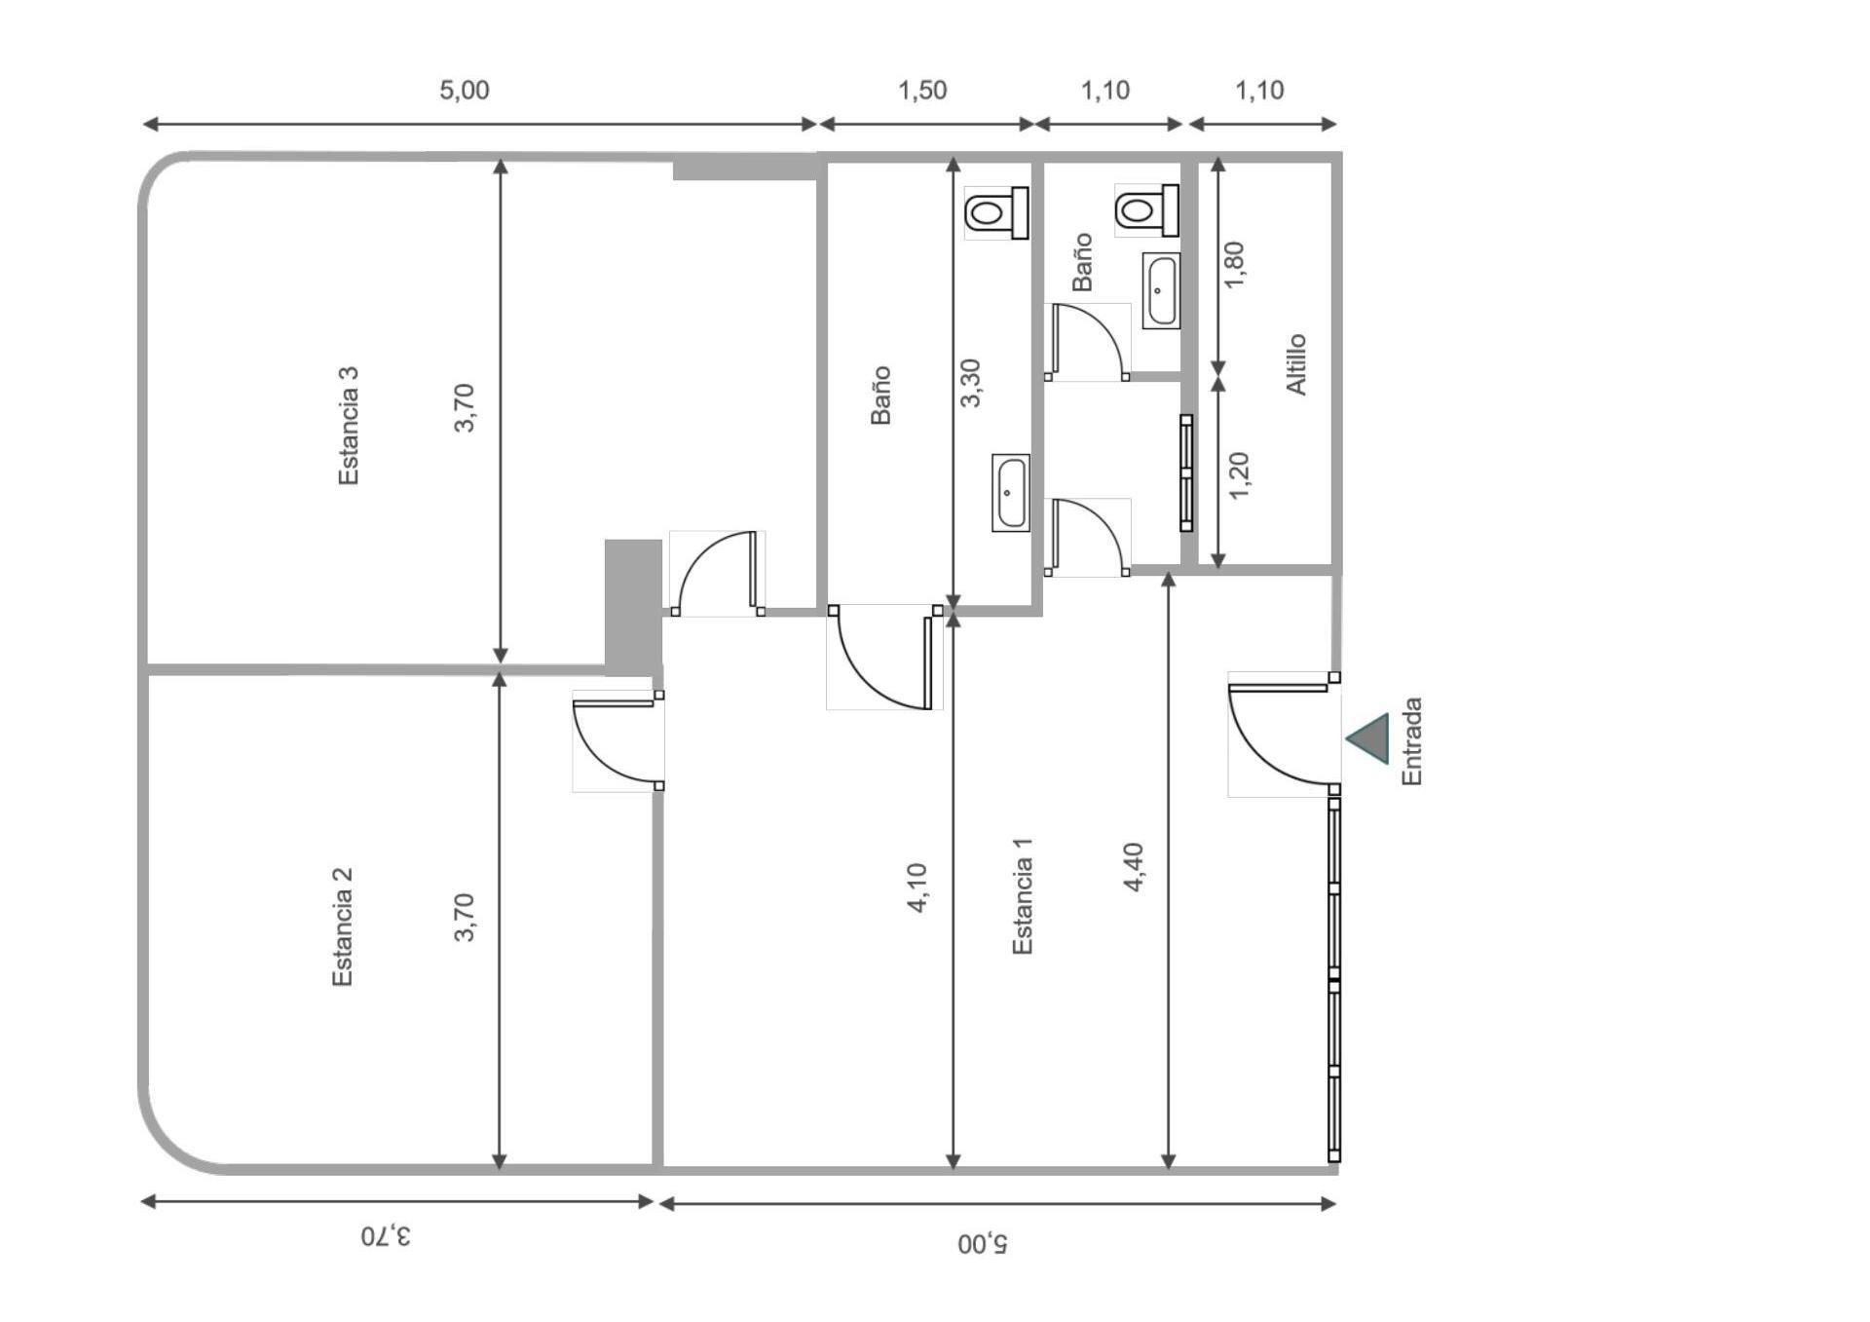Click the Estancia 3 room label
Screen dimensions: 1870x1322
point(348,426)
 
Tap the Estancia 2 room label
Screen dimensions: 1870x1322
point(342,926)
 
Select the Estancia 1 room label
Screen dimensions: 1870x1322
point(1022,896)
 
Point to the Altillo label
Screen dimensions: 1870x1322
point(1296,364)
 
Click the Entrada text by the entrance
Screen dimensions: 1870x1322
point(1411,741)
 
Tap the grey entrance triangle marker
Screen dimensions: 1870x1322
point(1367,738)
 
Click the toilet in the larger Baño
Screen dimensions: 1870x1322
point(997,212)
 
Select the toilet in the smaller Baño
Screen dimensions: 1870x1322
point(1147,210)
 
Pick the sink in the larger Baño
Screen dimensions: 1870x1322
point(1011,493)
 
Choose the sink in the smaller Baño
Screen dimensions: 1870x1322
point(1161,290)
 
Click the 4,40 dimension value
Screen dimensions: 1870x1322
point(1134,867)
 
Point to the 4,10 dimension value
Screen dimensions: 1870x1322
point(917,888)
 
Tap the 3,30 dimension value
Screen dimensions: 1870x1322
point(971,383)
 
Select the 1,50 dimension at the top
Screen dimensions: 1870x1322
point(922,91)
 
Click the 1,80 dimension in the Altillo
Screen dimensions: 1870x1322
point(1234,265)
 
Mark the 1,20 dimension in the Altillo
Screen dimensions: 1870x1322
point(1239,475)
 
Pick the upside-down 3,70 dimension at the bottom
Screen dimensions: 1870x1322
point(386,1236)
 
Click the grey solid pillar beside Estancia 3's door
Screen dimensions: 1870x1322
point(633,607)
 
